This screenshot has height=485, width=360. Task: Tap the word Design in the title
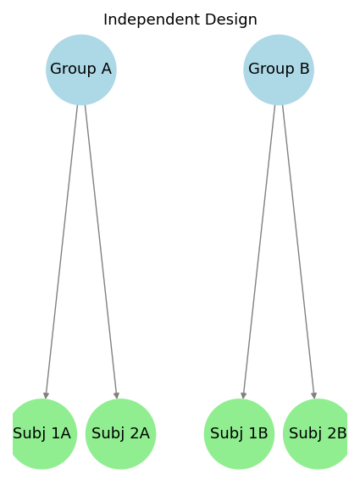[231, 20]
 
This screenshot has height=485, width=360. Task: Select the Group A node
[81, 70]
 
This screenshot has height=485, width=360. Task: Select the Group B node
[279, 70]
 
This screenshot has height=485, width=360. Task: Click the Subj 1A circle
[42, 434]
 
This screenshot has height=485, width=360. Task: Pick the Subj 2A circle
[121, 434]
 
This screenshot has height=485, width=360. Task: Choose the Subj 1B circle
[239, 434]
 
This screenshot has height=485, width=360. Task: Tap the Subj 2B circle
[318, 434]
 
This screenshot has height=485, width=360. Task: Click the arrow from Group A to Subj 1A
[62, 252]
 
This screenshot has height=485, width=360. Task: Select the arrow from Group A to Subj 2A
[101, 252]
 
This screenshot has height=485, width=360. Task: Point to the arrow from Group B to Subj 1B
[259, 252]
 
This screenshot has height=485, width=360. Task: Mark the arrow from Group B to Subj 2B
[298, 252]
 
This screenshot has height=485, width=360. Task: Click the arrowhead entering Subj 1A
[46, 395]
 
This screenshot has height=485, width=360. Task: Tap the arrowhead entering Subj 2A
[117, 395]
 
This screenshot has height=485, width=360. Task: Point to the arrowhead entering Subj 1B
[243, 395]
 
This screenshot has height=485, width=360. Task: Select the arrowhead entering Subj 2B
[314, 395]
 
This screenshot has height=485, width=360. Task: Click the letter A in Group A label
[106, 69]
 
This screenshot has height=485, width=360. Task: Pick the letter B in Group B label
[305, 69]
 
